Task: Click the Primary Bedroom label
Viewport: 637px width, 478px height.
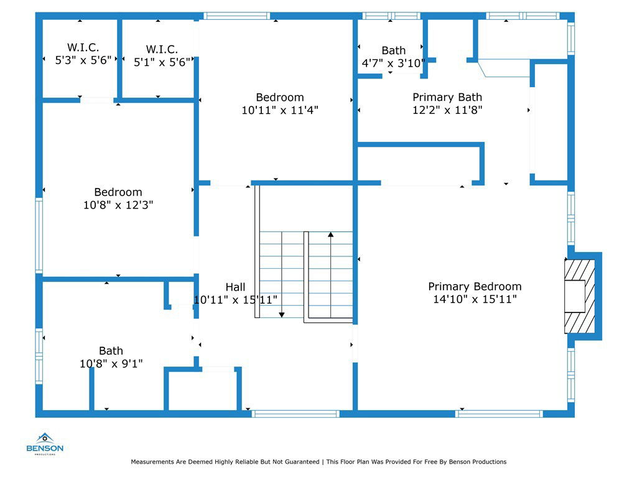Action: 475,286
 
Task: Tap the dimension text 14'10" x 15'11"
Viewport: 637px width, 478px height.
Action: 475,299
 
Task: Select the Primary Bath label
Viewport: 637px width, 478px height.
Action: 447,97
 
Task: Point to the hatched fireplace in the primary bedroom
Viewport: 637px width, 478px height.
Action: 580,296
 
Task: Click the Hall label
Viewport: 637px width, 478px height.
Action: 235,287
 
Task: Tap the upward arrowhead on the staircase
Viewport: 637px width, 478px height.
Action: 331,235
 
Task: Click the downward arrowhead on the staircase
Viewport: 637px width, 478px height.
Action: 282,314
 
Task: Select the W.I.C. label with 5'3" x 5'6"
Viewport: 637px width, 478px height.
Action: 83,47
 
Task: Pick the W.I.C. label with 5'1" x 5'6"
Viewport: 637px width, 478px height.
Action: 162,50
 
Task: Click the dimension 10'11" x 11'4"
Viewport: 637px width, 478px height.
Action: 280,110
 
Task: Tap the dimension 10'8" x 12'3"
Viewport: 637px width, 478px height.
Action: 118,205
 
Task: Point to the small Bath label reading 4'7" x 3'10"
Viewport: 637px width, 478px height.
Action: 393,50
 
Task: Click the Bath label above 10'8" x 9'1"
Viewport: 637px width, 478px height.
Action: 111,351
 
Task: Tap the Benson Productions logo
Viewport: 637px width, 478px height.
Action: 45,444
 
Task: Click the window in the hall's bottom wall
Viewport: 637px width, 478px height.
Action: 295,414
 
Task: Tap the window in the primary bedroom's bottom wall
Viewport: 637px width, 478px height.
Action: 500,414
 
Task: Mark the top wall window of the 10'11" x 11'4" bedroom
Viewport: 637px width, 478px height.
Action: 236,16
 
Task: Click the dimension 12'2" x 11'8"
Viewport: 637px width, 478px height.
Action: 447,110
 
